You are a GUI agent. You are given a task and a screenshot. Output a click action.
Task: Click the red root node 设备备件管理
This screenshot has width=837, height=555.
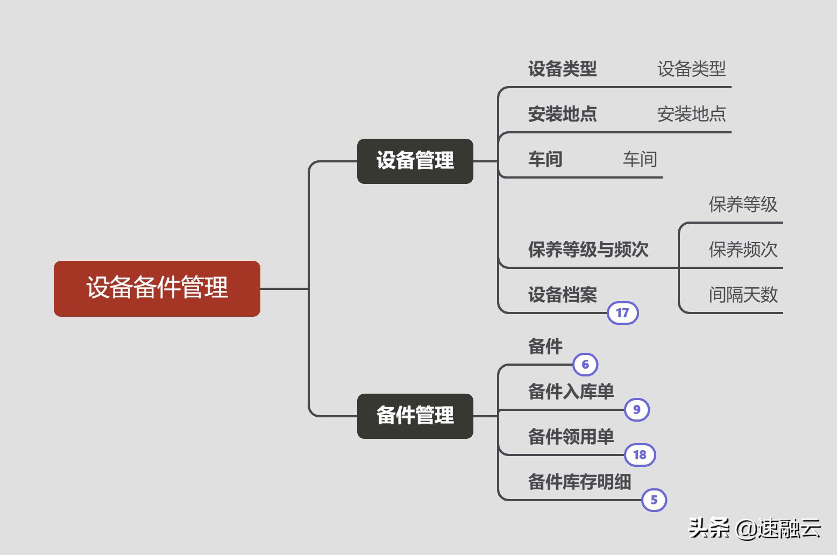pos(157,288)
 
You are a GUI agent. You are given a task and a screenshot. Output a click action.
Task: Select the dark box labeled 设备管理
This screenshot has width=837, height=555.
pos(415,161)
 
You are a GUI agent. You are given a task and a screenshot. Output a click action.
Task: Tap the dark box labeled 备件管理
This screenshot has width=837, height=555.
pos(415,416)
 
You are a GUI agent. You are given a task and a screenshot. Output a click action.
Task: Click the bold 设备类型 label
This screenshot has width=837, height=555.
pos(562,69)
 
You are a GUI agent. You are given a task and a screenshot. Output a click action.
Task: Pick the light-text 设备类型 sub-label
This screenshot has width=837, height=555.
pos(691,69)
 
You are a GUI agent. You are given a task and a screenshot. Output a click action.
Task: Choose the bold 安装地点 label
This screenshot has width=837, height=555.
pos(562,114)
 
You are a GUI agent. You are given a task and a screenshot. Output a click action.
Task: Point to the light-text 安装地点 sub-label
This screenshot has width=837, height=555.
pos(691,114)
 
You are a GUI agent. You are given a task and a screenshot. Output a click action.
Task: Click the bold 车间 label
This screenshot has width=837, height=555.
pos(545,159)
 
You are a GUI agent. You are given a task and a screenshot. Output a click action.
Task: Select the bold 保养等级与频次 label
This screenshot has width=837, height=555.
pos(588,250)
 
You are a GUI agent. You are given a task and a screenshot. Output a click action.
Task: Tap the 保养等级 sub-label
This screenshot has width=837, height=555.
pos(743,204)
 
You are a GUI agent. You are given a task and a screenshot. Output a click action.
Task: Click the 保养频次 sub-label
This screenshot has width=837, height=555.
pos(743,250)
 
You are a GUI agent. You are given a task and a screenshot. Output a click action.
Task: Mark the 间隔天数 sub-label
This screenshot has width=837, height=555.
pos(743,295)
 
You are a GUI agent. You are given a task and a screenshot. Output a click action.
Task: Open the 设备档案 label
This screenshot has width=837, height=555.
pos(562,295)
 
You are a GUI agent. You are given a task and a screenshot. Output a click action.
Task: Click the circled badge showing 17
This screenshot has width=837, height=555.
pos(622,313)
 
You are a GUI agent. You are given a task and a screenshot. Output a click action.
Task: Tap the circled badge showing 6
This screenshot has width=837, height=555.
pos(585,365)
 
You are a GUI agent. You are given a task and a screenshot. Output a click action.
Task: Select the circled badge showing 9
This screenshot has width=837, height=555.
pos(637,410)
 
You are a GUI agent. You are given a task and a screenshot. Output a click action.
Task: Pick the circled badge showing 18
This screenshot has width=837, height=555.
pos(640,455)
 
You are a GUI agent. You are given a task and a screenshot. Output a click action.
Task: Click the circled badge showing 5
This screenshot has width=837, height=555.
pos(654,500)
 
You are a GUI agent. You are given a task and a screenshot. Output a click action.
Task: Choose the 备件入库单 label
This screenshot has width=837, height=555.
pos(571,392)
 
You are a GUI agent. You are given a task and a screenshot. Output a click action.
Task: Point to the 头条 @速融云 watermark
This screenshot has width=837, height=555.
pos(755,528)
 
